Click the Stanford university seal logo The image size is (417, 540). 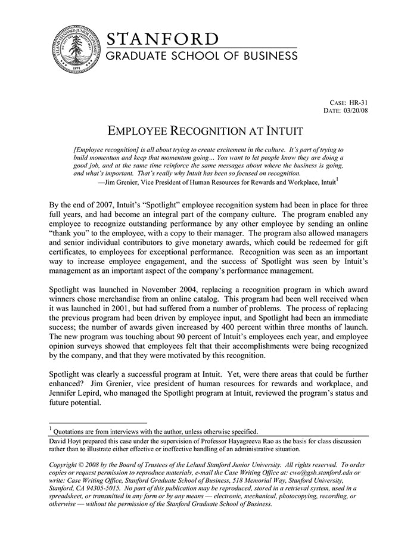[75, 50]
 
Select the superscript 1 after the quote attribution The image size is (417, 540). [337, 179]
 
